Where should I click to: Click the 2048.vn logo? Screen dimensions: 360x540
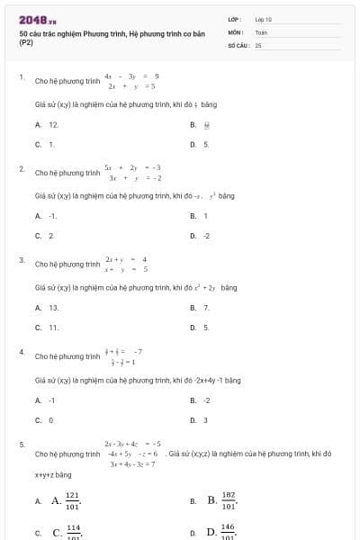tap(37, 19)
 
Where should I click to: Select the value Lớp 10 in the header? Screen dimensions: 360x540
tap(264, 19)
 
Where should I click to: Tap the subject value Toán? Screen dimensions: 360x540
tap(261, 31)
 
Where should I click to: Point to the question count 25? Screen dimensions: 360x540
tap(258, 44)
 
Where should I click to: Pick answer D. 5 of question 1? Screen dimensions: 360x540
tap(205, 143)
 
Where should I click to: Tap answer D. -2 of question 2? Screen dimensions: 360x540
tap(206, 235)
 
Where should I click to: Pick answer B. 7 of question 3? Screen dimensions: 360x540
tap(205, 308)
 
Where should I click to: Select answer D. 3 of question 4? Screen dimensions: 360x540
tap(205, 419)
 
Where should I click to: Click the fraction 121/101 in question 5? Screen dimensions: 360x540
tap(72, 500)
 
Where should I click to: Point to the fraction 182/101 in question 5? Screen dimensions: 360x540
tap(228, 500)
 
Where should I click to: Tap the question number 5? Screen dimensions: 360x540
tap(22, 444)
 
